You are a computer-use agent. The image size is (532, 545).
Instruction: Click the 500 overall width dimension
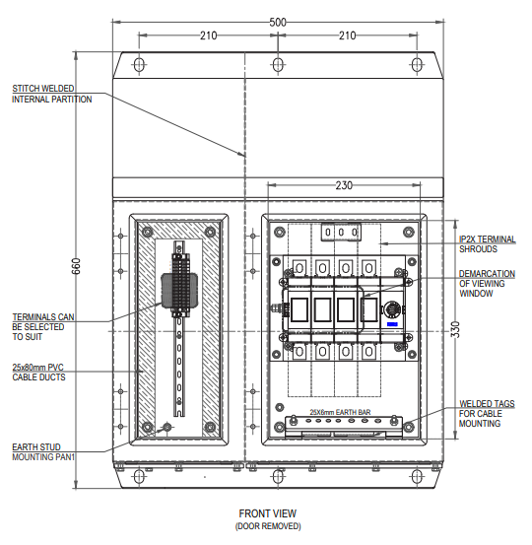pos(278,23)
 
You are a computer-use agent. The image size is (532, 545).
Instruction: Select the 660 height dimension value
pos(76,266)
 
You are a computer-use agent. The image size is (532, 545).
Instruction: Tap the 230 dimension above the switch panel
pos(344,185)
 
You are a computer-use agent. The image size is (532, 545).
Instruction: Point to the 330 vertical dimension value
pos(455,329)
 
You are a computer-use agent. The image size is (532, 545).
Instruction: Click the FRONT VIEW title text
pos(268,513)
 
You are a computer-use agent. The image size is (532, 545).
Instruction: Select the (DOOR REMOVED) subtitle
pos(268,526)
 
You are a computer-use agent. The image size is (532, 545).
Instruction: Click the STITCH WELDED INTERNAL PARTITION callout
pos(52,94)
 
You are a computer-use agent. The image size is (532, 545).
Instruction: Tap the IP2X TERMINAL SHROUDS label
pos(488,244)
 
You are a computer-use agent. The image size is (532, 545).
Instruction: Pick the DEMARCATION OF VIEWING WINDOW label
pos(487,284)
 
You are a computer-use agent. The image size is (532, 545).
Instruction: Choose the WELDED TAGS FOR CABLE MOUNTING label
pos(487,414)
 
